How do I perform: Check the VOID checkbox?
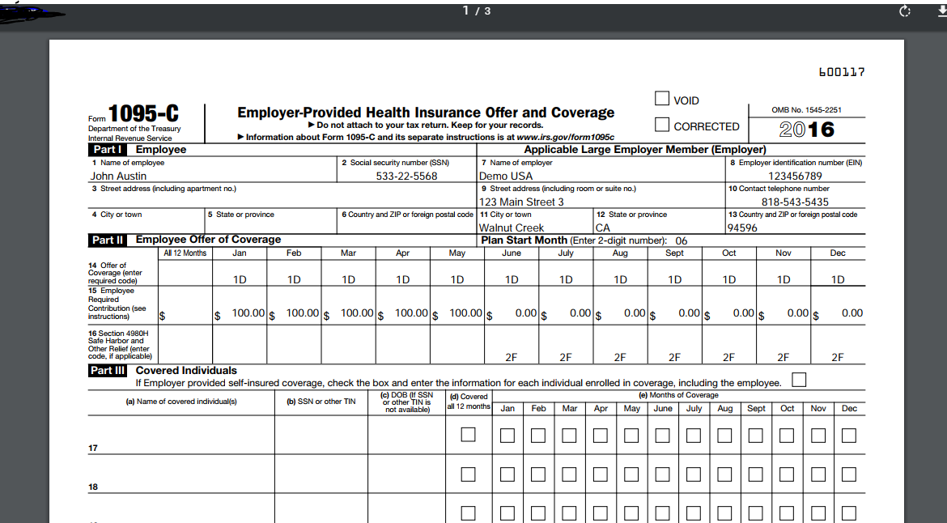(662, 99)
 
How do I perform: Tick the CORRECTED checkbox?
(662, 125)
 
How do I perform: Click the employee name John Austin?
(118, 176)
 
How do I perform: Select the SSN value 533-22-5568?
(406, 176)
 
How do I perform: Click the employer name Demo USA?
(506, 176)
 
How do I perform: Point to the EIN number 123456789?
(795, 176)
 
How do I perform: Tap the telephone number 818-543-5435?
(795, 202)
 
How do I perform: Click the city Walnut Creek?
(512, 227)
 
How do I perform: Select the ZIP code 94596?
(742, 227)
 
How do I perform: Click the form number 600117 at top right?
(842, 72)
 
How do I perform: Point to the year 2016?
(806, 130)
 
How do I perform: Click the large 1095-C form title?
(143, 114)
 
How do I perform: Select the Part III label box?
(108, 370)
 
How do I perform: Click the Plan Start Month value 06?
(682, 240)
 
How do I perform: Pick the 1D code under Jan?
(240, 279)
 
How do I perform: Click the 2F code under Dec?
(838, 357)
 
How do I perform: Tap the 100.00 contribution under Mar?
(357, 313)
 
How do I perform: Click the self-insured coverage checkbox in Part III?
(800, 380)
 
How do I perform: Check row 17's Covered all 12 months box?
(468, 435)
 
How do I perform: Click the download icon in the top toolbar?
(941, 11)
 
